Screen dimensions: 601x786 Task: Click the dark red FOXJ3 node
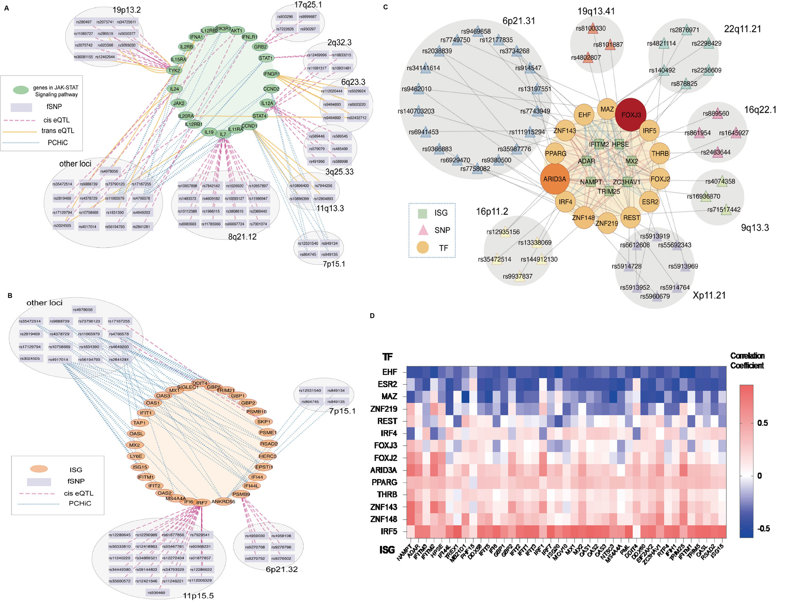[x=630, y=114]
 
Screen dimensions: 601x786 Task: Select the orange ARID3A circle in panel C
[x=555, y=179]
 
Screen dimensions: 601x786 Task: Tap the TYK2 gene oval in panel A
[x=174, y=71]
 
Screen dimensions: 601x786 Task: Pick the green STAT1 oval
[x=266, y=58]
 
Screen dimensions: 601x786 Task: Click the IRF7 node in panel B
[x=202, y=503]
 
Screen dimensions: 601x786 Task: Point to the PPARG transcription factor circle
[x=556, y=153]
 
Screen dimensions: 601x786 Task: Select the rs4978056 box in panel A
[x=109, y=171]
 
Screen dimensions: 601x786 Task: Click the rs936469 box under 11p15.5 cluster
[x=156, y=592]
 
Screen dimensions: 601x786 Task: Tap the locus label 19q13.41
[x=596, y=11]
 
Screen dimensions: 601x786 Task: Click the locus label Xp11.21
[x=709, y=295]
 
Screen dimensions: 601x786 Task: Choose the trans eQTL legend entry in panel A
[x=58, y=131]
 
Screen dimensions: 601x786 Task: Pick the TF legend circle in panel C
[x=422, y=248]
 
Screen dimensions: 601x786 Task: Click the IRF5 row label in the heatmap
[x=389, y=531]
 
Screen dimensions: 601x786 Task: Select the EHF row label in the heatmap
[x=389, y=372]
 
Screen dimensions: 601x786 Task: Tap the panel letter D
[x=372, y=316]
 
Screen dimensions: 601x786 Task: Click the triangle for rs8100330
[x=592, y=29]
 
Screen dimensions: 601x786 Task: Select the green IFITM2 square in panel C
[x=598, y=145]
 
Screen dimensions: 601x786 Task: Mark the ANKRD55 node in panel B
[x=223, y=502]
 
